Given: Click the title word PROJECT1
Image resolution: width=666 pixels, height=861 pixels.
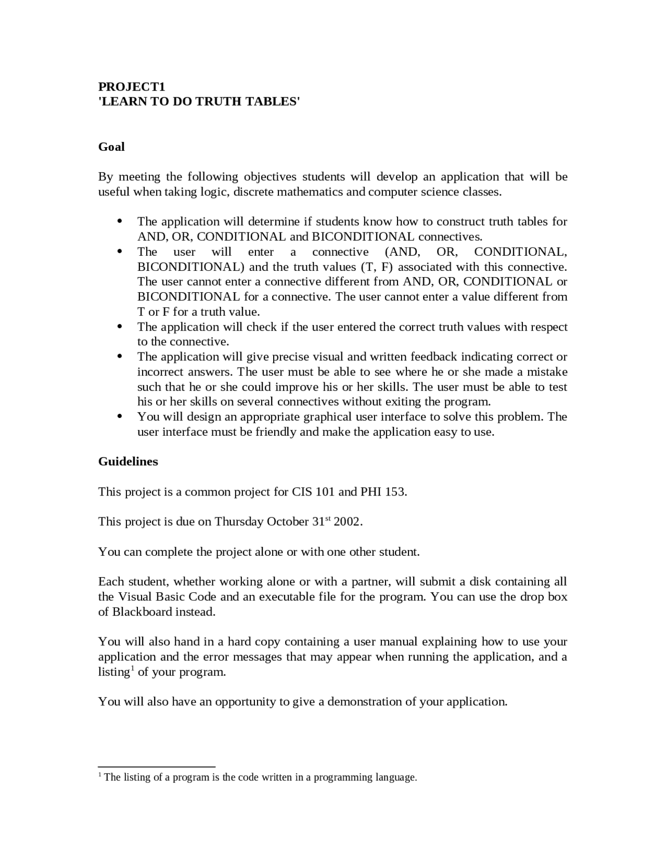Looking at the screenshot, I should tap(132, 86).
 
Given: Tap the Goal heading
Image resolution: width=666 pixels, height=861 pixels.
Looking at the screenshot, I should tap(111, 147).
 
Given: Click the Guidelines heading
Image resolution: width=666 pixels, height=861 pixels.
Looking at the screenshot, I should tap(128, 462).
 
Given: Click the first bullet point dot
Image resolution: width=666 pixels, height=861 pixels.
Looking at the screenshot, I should tap(120, 221).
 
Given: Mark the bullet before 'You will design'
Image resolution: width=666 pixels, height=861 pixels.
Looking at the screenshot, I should tap(120, 416).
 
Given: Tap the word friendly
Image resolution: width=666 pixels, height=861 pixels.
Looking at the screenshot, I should tap(276, 432).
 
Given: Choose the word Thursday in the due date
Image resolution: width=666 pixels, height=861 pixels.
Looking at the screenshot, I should tap(239, 522).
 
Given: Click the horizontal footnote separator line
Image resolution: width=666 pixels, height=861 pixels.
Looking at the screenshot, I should tap(157, 766).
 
